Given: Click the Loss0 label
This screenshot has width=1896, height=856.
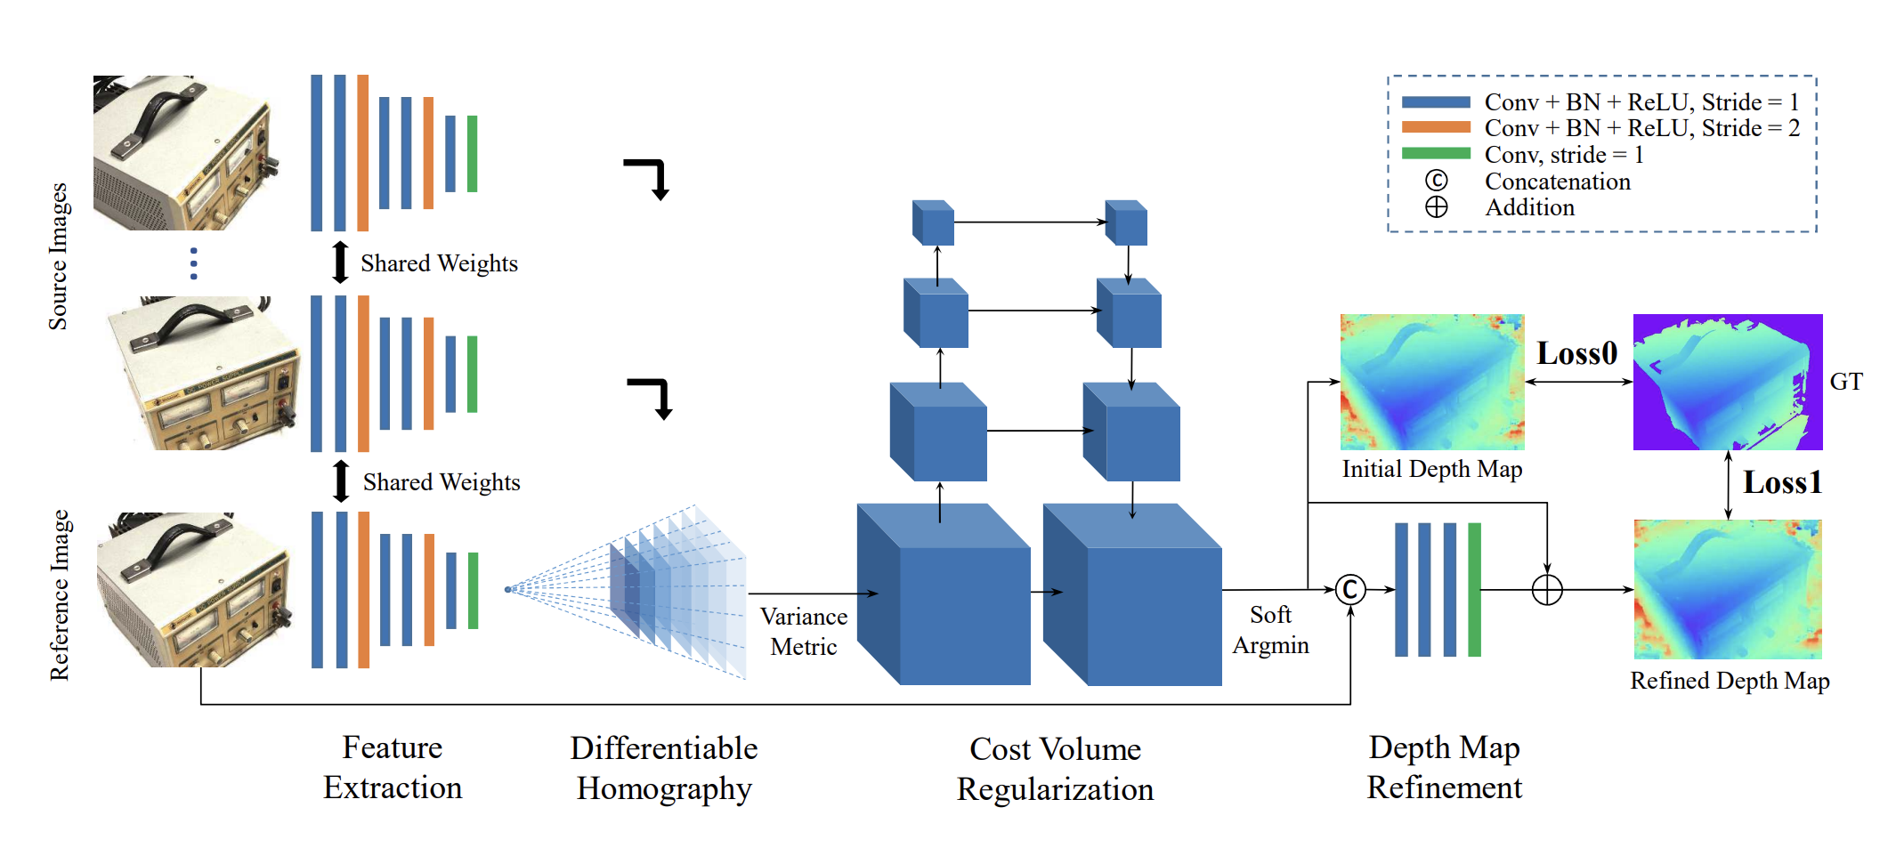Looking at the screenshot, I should tap(1576, 353).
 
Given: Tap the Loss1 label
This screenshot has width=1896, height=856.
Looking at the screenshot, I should tap(1782, 482).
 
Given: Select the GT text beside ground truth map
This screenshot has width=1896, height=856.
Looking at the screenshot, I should tap(1845, 382).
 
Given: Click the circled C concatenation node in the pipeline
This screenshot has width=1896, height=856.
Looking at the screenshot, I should tap(1350, 589).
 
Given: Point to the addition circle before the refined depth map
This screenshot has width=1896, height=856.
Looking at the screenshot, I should tap(1547, 589).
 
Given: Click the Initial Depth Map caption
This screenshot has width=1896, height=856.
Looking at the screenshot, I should tap(1431, 469).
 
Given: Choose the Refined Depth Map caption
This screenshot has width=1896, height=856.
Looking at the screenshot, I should tap(1729, 681).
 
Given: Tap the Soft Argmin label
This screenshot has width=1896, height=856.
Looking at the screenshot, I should tap(1270, 629).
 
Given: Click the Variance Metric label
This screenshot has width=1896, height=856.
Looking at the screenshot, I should tap(803, 631).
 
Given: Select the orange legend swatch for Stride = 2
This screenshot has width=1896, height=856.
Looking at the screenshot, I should tap(1435, 127).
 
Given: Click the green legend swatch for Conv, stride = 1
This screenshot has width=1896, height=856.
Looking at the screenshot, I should tap(1435, 154).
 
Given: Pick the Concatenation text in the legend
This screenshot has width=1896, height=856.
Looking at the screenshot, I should tap(1557, 182).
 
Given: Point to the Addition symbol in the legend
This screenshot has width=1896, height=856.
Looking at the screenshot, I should tap(1436, 207).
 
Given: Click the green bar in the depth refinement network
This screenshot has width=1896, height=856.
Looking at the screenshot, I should tap(1474, 589).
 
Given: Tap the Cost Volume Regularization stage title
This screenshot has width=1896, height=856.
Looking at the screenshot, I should tap(1055, 769).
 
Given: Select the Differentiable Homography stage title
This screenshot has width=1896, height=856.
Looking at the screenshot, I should tap(664, 768).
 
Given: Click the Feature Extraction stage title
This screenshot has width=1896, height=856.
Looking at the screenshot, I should tap(393, 767).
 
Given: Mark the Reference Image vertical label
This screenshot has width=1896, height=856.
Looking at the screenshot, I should tap(59, 594).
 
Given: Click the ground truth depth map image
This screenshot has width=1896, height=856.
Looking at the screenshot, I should tap(1727, 382).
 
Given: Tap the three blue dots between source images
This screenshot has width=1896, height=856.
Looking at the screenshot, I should tap(194, 263).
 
